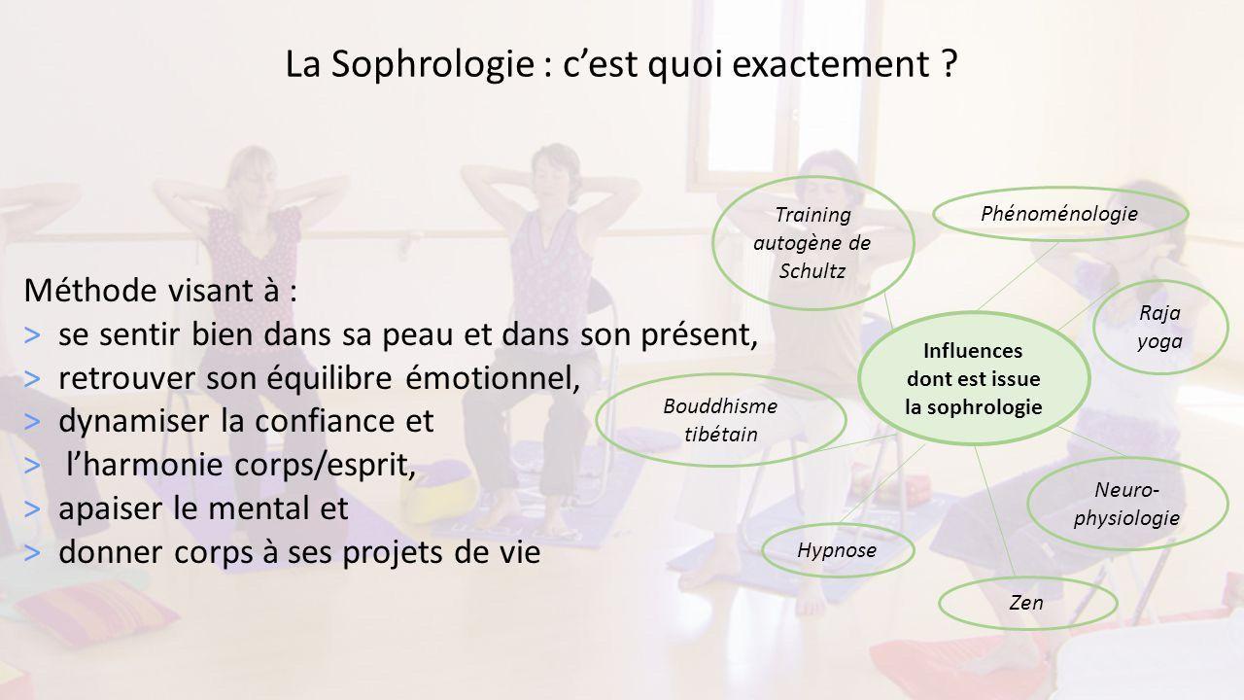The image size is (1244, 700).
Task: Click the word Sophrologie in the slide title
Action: click(x=432, y=64)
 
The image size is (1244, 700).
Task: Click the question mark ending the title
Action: click(x=950, y=63)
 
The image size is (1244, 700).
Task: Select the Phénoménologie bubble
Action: click(x=1060, y=214)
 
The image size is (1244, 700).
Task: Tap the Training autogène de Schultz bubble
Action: click(x=813, y=243)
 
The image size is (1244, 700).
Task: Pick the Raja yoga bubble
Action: click(x=1160, y=328)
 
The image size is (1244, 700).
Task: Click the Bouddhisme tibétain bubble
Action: click(x=721, y=420)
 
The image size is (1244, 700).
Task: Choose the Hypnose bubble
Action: click(x=838, y=550)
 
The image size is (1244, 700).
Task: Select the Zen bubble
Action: click(x=1027, y=603)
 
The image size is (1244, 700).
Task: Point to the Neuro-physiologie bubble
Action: click(x=1127, y=504)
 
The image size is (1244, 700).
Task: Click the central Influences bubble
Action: click(x=974, y=378)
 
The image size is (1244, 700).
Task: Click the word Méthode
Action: click(x=90, y=290)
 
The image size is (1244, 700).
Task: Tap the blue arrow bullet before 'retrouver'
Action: click(x=32, y=379)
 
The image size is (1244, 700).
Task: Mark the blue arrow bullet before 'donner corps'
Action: click(x=32, y=553)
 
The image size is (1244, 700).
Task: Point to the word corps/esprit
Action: click(x=325, y=466)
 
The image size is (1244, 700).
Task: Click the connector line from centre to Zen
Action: click(x=994, y=511)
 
